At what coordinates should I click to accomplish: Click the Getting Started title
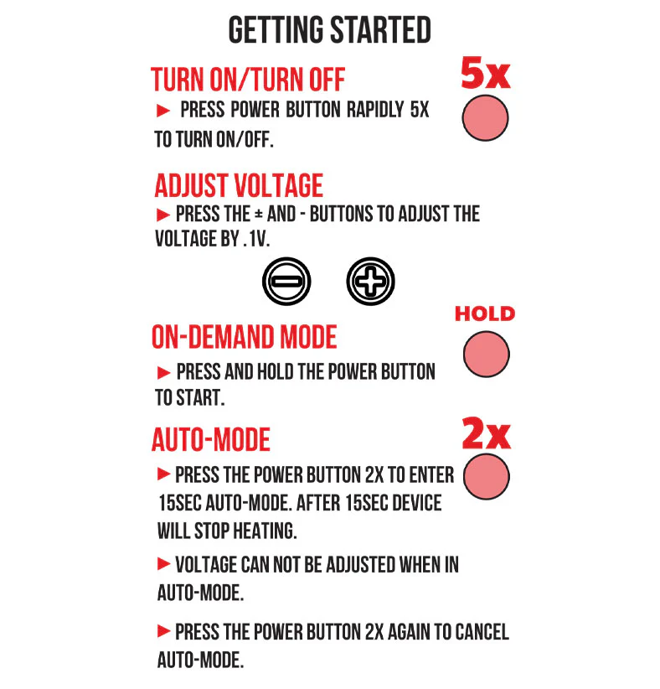click(329, 30)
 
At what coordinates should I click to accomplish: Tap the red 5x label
click(485, 73)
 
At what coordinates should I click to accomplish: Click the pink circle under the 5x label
click(485, 118)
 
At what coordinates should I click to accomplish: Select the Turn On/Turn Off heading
click(248, 80)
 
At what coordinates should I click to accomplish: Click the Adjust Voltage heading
click(239, 185)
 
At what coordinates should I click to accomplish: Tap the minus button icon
click(286, 282)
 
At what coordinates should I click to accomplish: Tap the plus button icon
click(370, 282)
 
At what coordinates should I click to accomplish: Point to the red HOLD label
click(485, 313)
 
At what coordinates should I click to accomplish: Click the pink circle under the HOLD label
click(486, 355)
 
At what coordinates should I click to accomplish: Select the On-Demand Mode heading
click(245, 337)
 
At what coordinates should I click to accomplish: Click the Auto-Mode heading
click(211, 439)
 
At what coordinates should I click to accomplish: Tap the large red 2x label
click(486, 434)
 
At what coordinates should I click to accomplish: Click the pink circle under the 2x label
click(486, 477)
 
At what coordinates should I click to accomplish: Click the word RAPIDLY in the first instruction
click(375, 110)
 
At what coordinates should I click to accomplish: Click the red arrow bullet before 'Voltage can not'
click(163, 564)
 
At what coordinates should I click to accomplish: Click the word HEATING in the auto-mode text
click(265, 531)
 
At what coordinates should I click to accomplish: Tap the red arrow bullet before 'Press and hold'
click(163, 373)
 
